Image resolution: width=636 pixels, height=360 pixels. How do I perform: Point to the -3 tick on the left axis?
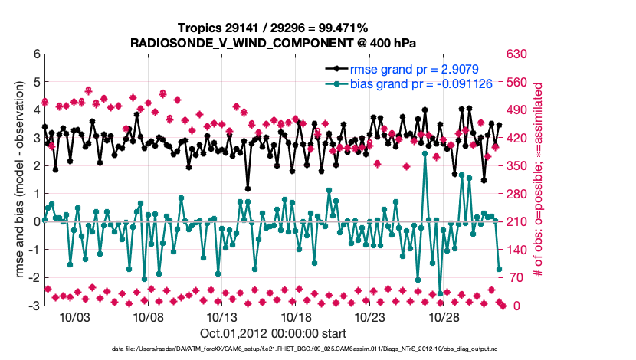[x=34, y=306]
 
